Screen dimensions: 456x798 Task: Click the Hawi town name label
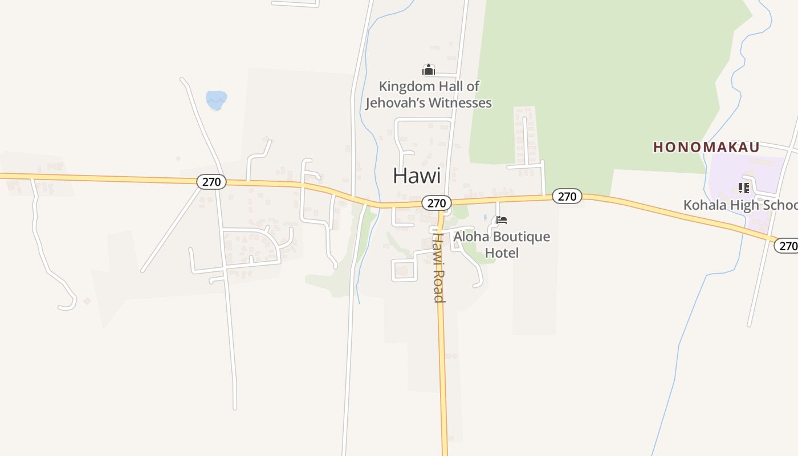click(x=417, y=176)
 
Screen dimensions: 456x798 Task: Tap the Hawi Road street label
click(x=438, y=267)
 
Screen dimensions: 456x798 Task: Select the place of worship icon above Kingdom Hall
click(x=428, y=70)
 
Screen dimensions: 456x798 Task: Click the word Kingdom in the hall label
click(x=402, y=87)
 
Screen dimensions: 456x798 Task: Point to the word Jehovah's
click(x=394, y=103)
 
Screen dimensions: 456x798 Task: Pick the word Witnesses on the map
click(x=460, y=103)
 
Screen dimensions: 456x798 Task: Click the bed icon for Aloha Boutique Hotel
click(x=502, y=220)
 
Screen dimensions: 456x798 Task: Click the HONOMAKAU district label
click(x=706, y=147)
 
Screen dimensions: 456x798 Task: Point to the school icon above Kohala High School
click(x=743, y=188)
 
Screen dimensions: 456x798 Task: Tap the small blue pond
click(x=216, y=100)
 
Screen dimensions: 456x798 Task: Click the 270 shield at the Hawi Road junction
click(x=437, y=203)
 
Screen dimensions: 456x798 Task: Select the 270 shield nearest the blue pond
click(x=212, y=182)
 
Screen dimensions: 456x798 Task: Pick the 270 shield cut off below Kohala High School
click(x=787, y=246)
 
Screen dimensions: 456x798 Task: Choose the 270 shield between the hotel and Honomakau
click(x=567, y=197)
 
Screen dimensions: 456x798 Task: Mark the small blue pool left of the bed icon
click(x=485, y=217)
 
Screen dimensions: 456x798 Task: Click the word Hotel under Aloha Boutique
click(x=502, y=253)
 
